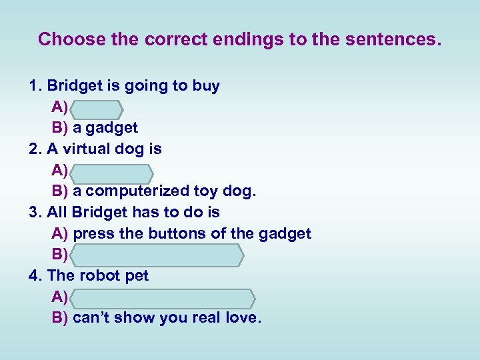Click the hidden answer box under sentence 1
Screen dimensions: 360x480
pos(95,108)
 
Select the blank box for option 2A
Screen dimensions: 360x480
pos(111,171)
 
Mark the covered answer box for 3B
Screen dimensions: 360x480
pos(157,254)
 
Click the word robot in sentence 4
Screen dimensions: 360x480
pos(99,275)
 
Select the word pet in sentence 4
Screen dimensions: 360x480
pos(136,276)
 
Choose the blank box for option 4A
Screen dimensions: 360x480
pos(162,297)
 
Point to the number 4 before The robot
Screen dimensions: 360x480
pos(34,275)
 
